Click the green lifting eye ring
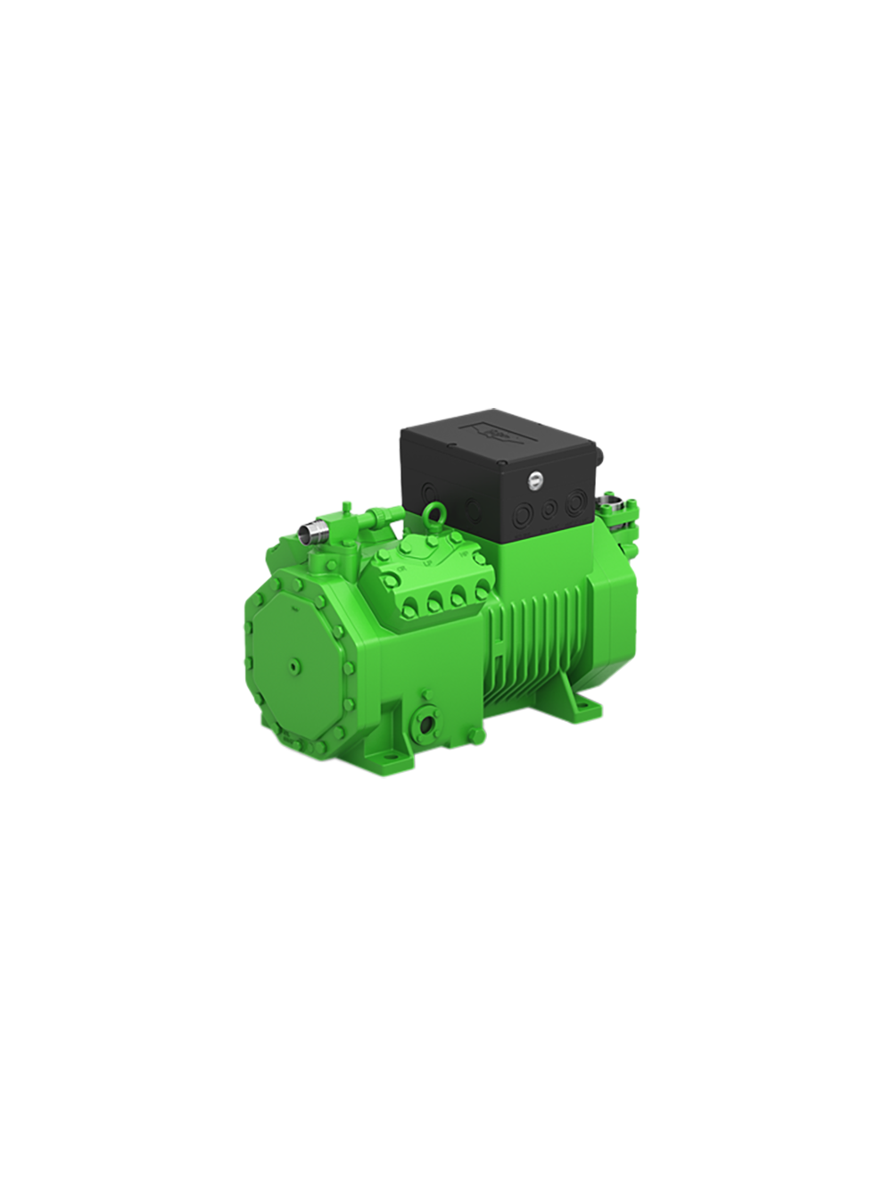click(x=437, y=511)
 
